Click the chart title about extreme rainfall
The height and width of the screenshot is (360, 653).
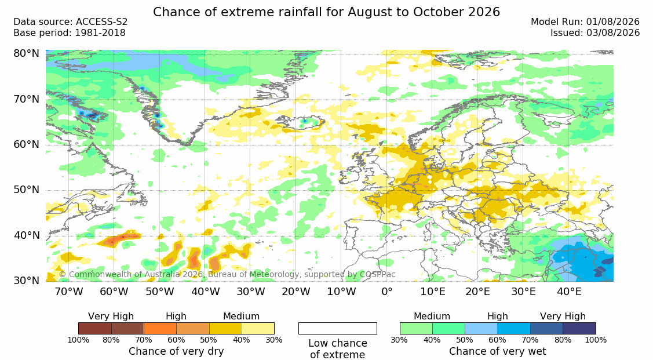click(x=327, y=12)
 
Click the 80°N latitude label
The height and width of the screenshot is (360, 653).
click(x=26, y=53)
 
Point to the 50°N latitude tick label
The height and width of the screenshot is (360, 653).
click(x=26, y=190)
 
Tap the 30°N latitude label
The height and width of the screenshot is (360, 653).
click(x=26, y=281)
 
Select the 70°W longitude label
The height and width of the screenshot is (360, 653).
click(x=69, y=291)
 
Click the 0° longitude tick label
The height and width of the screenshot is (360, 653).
click(x=387, y=291)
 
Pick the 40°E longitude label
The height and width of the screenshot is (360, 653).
click(x=569, y=291)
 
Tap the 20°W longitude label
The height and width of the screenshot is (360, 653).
click(x=296, y=291)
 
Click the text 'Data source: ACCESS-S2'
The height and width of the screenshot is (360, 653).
click(x=70, y=22)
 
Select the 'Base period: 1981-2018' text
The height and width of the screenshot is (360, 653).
click(x=69, y=33)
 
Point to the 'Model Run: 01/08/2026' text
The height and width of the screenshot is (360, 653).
click(x=585, y=22)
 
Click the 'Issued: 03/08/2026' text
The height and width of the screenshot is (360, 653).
click(x=595, y=33)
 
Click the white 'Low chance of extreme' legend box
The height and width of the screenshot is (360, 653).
click(x=338, y=328)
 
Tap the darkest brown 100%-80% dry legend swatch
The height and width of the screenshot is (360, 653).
click(x=94, y=328)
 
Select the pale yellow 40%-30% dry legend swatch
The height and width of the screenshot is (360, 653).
click(x=258, y=328)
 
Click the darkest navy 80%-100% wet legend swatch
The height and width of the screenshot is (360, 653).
click(x=579, y=328)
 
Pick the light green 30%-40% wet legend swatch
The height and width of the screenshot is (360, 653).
click(x=416, y=328)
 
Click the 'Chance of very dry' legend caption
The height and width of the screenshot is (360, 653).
click(x=176, y=352)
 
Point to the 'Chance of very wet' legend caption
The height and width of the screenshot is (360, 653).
click(x=498, y=352)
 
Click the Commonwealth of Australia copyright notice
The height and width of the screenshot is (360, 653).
click(x=227, y=274)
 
